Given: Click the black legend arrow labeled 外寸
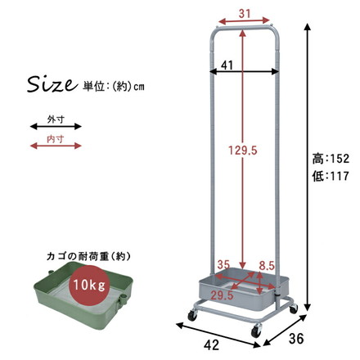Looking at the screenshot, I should pyautogui.click(x=56, y=127).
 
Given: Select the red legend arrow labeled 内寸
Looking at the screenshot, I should pyautogui.click(x=56, y=146).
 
